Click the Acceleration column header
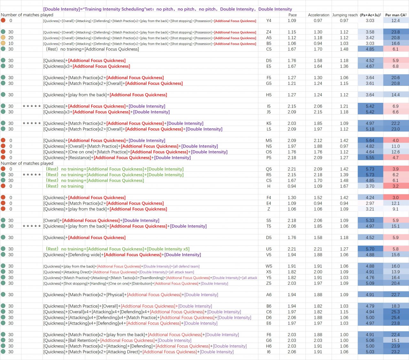point(318,15)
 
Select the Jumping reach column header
point(345,15)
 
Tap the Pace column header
point(292,15)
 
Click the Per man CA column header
point(396,15)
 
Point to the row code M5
point(269,140)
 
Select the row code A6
point(269,295)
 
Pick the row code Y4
point(269,21)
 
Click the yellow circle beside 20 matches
point(3,38)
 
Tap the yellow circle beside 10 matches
point(3,43)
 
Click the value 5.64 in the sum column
point(370,140)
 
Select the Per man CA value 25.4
point(396,318)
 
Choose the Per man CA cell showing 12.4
point(396,21)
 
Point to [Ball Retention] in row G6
point(83,341)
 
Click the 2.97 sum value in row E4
point(370,203)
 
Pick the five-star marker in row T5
point(32,226)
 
